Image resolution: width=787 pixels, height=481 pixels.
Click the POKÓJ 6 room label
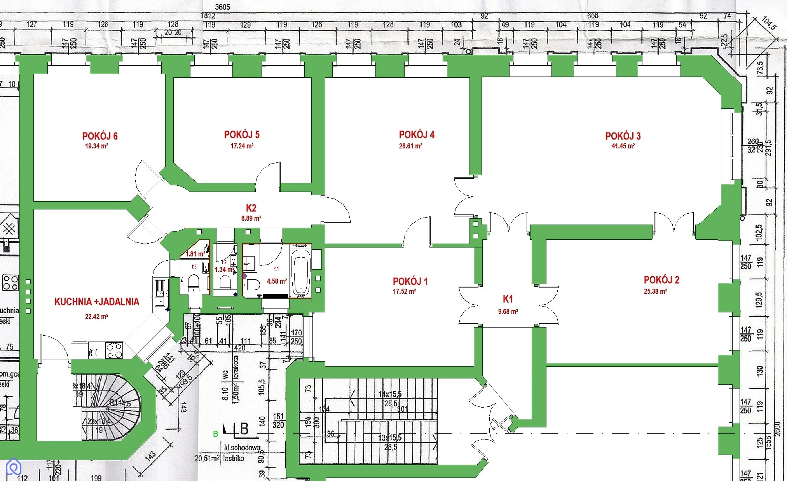[100, 136]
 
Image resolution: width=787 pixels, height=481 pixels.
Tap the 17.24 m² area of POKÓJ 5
[242, 146]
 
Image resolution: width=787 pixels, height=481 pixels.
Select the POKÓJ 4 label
[417, 135]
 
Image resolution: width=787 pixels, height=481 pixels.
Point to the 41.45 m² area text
[623, 146]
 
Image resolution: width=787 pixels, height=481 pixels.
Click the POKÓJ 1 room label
[410, 281]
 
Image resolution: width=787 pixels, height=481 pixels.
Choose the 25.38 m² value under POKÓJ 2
[655, 291]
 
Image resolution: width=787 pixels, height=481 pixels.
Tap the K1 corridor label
[508, 299]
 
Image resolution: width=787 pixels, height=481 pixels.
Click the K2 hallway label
[251, 208]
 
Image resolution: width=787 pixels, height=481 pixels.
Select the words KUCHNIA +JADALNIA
[97, 302]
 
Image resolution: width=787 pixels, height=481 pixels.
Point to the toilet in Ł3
[194, 282]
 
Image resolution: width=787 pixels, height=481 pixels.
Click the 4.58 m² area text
[277, 281]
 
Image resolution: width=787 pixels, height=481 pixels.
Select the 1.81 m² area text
[195, 254]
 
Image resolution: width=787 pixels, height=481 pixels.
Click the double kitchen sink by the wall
[160, 293]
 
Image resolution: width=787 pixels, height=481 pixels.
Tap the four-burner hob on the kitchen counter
[115, 350]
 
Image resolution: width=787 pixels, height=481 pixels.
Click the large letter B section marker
[244, 429]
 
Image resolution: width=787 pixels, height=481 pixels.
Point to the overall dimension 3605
[222, 7]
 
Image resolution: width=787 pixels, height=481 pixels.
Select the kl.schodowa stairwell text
[242, 448]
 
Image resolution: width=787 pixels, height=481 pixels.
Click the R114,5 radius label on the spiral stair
[120, 403]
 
